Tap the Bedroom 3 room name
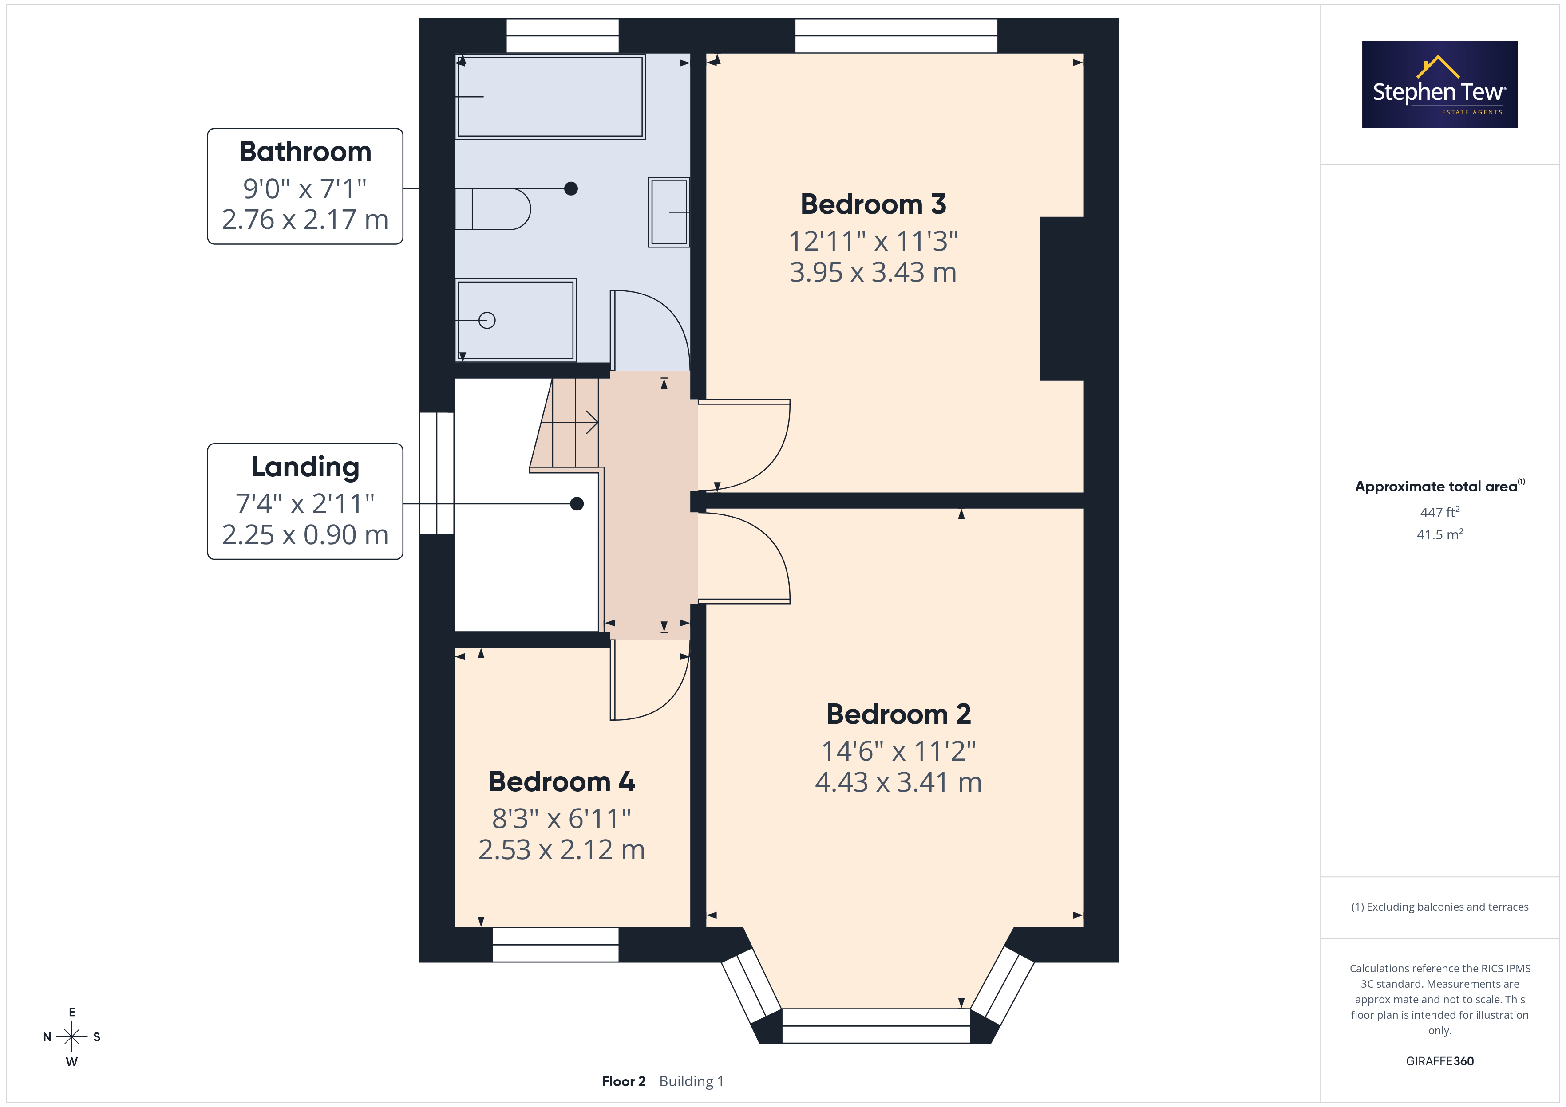(873, 204)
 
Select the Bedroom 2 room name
(898, 714)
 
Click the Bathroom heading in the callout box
(305, 151)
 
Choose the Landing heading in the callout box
(305, 467)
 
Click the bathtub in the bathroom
(550, 97)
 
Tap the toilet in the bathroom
(492, 208)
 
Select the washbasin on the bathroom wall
(669, 212)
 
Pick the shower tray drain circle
(487, 320)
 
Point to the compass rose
(71, 1037)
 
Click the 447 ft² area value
(1440, 511)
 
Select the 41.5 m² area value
(1440, 534)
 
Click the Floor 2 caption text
(623, 1081)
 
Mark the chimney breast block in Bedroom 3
(1061, 298)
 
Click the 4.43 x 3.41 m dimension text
(898, 782)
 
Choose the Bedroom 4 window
(555, 945)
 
